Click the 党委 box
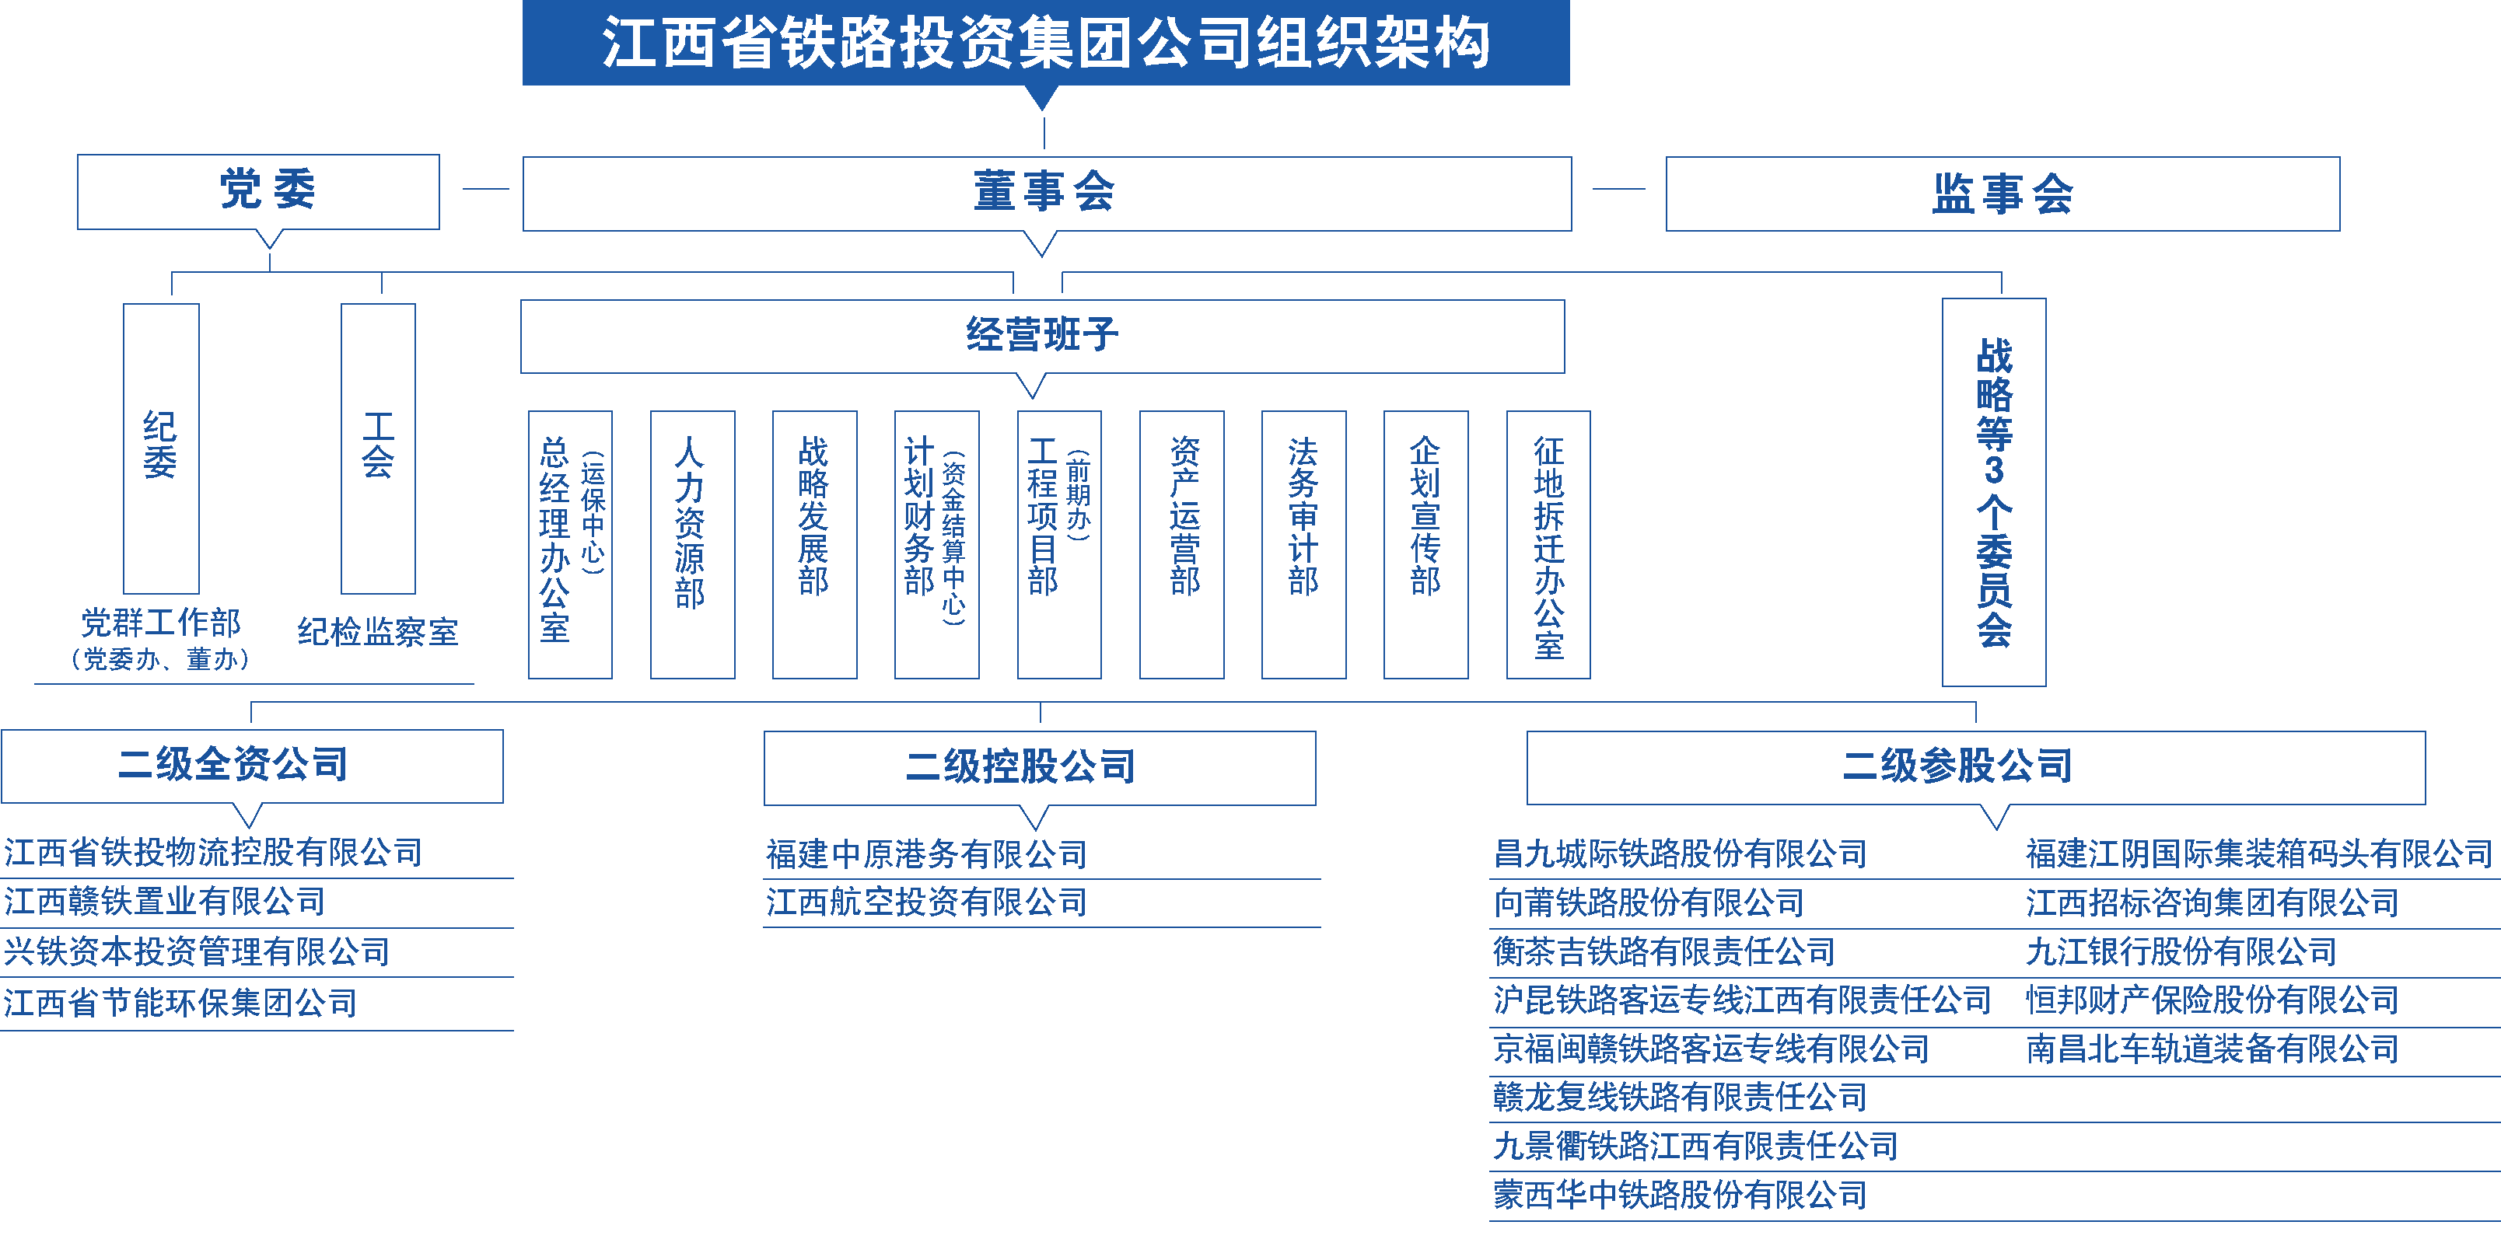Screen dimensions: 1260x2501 [x=258, y=190]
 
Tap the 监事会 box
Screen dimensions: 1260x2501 [x=2002, y=194]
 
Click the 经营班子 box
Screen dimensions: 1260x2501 [x=1042, y=335]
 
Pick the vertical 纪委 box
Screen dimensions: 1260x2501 [x=161, y=448]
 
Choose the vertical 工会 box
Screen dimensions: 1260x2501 [x=378, y=448]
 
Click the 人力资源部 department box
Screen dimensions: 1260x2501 [x=691, y=543]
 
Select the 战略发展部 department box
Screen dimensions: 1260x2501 [x=813, y=543]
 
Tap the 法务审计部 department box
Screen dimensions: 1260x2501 [x=1303, y=543]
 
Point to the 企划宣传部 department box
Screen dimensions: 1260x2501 [x=1425, y=543]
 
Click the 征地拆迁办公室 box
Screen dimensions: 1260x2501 [x=1548, y=543]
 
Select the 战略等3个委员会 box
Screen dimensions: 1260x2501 [x=1993, y=491]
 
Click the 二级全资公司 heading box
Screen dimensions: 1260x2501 [x=251, y=765]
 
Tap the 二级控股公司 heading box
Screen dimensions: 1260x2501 [x=1039, y=767]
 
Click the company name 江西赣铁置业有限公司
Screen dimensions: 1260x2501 [x=165, y=902]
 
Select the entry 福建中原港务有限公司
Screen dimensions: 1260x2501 [x=926, y=854]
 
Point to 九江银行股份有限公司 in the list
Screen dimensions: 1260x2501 [x=2181, y=951]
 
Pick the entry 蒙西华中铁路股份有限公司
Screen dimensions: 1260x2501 [x=1680, y=1195]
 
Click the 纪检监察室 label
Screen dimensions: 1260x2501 [x=378, y=632]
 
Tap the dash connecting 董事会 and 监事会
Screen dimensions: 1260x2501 [x=1618, y=188]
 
